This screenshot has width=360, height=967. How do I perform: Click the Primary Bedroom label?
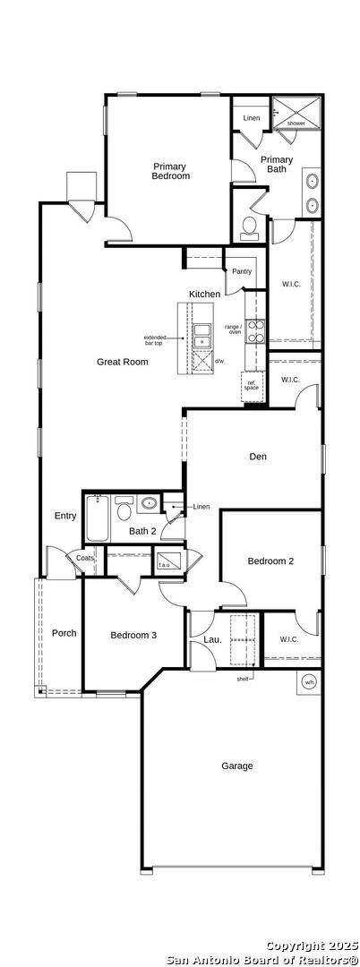(x=170, y=171)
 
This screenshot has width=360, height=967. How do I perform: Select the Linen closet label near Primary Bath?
(x=251, y=118)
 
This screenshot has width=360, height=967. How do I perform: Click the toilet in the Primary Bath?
(x=248, y=227)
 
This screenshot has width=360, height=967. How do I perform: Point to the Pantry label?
(x=241, y=271)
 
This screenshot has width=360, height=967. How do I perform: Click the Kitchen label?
(x=204, y=294)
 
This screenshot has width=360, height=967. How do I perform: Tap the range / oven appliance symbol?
(x=256, y=332)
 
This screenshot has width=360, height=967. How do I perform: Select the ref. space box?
(x=252, y=385)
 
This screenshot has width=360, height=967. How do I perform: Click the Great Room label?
(x=123, y=362)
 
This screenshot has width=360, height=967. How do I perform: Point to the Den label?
(x=258, y=457)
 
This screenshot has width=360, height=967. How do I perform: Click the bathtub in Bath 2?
(x=98, y=521)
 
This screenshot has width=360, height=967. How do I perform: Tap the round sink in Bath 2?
(x=148, y=505)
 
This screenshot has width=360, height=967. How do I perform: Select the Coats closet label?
(x=84, y=558)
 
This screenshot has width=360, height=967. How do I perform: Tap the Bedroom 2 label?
(x=270, y=561)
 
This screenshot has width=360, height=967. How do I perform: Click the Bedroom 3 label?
(x=133, y=635)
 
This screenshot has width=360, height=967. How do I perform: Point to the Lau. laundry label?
(x=212, y=639)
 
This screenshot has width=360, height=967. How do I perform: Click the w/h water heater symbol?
(x=309, y=681)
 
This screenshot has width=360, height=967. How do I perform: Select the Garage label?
(x=237, y=766)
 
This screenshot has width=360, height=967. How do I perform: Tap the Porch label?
(x=64, y=633)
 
